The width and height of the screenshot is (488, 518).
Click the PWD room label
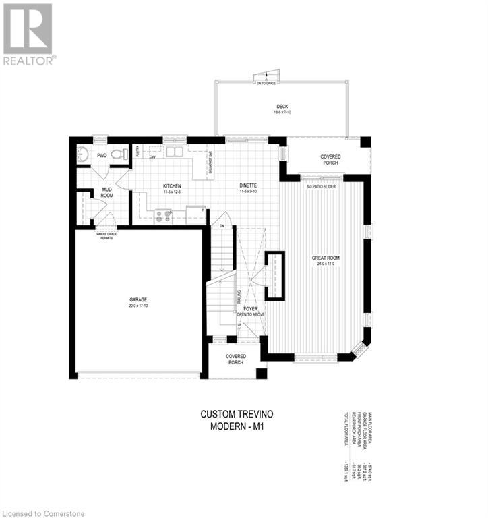pyautogui.click(x=102, y=155)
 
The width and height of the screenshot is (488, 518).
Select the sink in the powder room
pyautogui.click(x=83, y=154)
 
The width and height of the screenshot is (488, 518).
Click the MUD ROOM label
pyautogui.click(x=107, y=192)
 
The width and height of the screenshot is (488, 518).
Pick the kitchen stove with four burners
pyautogui.click(x=164, y=216)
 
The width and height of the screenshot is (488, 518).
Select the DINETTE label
pyautogui.click(x=249, y=185)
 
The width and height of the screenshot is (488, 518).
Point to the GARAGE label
pyautogui.click(x=138, y=299)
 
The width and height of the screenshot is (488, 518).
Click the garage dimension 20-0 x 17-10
pyautogui.click(x=138, y=306)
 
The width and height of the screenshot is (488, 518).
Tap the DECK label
pyautogui.click(x=282, y=107)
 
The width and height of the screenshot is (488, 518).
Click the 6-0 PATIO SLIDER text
pyautogui.click(x=320, y=185)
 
